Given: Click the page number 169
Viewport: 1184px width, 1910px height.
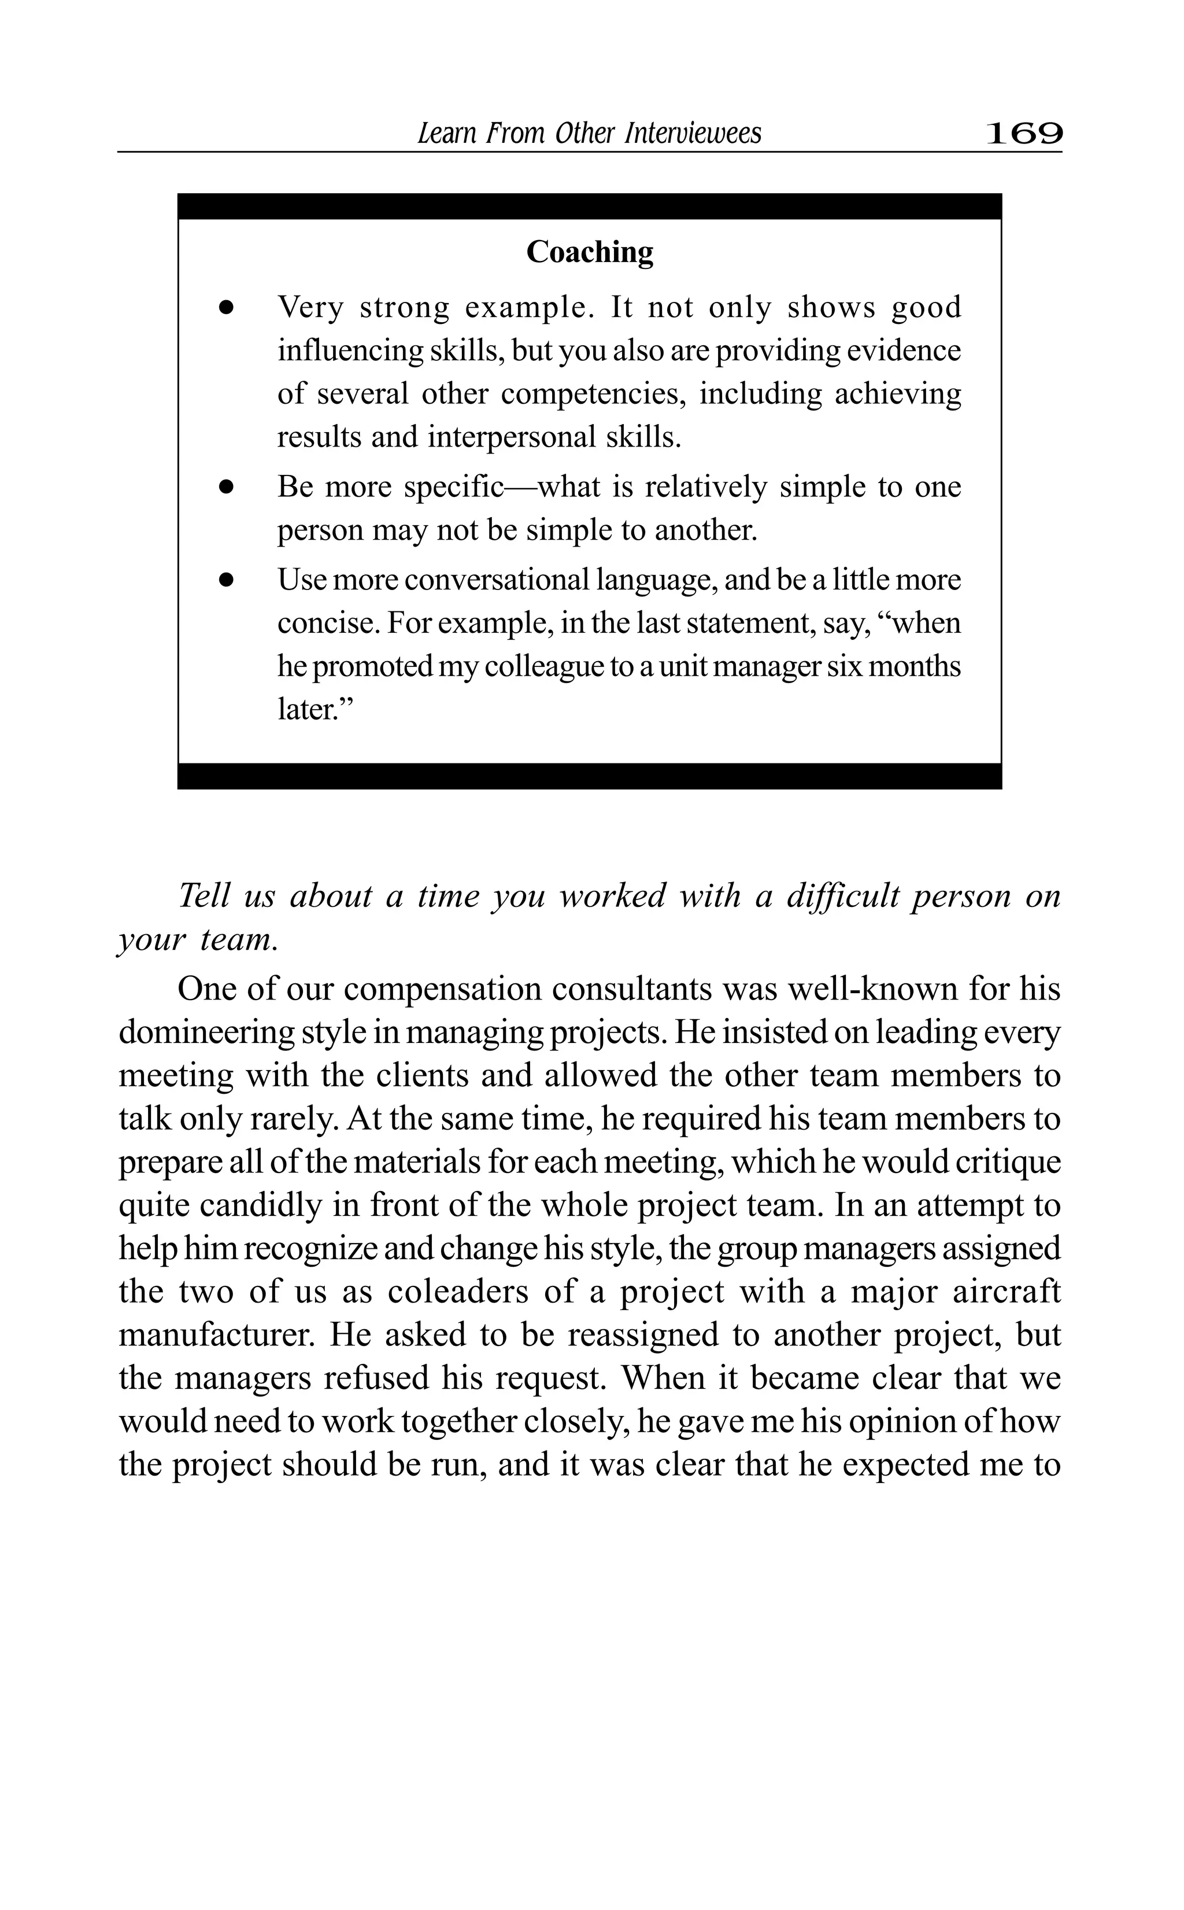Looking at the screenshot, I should (1023, 133).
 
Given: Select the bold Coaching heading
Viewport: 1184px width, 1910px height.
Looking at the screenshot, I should (590, 252).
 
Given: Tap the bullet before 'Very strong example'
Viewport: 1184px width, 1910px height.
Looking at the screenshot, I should (227, 308).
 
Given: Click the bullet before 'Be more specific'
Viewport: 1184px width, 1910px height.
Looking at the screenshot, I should (227, 487).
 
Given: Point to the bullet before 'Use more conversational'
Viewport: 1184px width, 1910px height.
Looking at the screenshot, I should (227, 581).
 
